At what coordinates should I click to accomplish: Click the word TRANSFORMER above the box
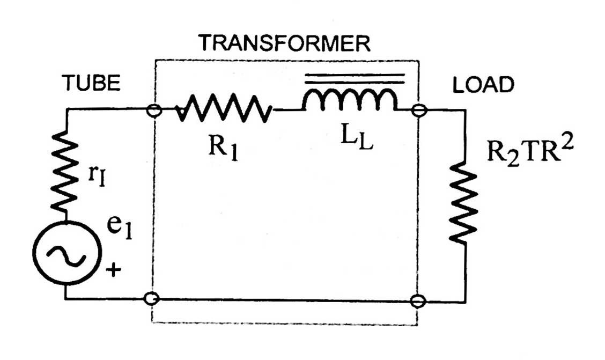[x=284, y=43]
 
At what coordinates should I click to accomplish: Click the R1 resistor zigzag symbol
[x=224, y=109]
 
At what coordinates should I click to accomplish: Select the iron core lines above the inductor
[x=355, y=79]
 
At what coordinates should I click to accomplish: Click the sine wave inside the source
[x=67, y=255]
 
